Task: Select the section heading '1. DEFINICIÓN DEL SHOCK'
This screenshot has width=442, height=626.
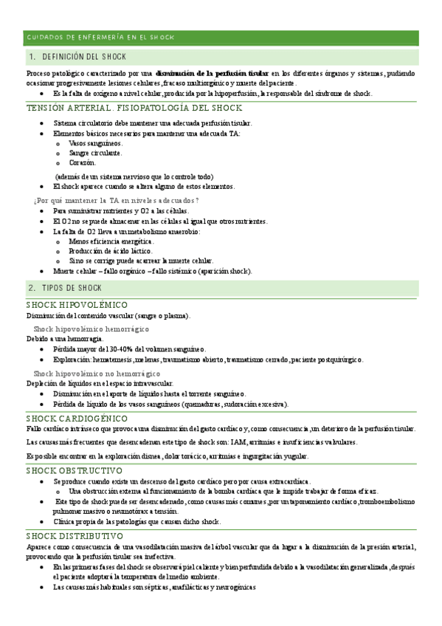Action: pyautogui.click(x=77, y=57)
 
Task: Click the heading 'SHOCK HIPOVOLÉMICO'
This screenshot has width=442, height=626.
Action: pyautogui.click(x=77, y=305)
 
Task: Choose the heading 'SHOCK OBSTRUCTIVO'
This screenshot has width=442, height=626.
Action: pyautogui.click(x=74, y=470)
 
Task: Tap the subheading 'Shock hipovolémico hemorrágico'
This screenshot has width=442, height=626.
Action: pyautogui.click(x=91, y=328)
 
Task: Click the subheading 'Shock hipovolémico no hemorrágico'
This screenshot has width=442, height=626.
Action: pyautogui.click(x=97, y=374)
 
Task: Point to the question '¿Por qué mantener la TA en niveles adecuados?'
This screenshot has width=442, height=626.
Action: pyautogui.click(x=117, y=201)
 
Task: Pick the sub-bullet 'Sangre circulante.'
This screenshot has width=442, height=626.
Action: pyautogui.click(x=95, y=153)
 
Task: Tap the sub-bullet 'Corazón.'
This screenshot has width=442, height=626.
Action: pyautogui.click(x=82, y=162)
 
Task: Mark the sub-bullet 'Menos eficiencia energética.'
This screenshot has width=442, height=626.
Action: pyautogui.click(x=111, y=241)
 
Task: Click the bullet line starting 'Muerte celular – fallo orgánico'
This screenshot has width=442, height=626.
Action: pyautogui.click(x=152, y=271)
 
